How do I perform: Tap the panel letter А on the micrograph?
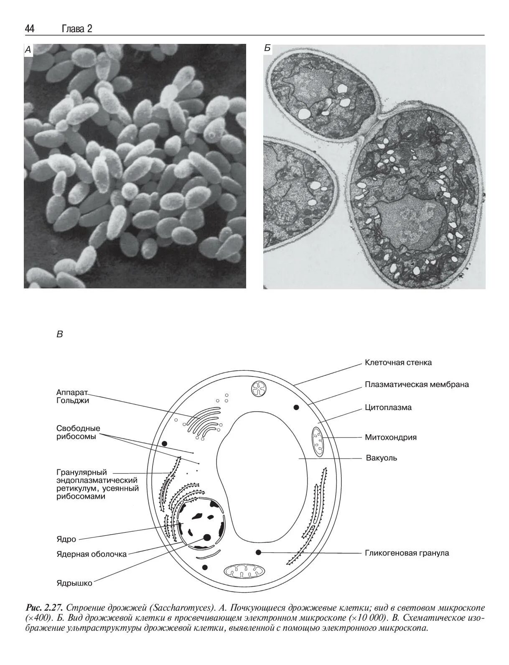[28, 50]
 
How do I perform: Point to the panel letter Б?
[267, 49]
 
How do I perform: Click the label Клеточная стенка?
[398, 362]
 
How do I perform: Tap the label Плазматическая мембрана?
[417, 384]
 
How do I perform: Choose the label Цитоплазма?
[388, 407]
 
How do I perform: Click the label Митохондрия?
[391, 438]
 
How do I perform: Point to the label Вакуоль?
[381, 458]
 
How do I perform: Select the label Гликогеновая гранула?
[407, 553]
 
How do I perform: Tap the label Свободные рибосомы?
[78, 433]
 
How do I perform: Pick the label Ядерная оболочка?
[92, 554]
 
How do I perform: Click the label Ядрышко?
[74, 583]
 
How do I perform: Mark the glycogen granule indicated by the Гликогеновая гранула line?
[259, 552]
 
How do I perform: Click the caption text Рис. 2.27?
[44, 607]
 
